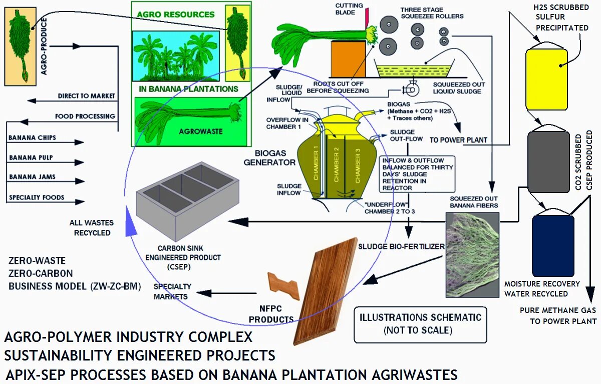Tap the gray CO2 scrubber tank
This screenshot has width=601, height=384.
pos(549,162)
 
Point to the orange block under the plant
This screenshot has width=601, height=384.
pos(349,59)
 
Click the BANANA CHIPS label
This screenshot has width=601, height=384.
pos(33,137)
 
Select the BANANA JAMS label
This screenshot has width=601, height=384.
pos(32,176)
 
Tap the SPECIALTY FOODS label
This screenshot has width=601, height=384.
pos(37,197)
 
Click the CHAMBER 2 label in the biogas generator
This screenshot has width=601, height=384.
pos(337,164)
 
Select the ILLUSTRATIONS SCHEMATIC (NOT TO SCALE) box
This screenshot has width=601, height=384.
pos(420,323)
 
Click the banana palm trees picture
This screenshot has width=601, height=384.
pos(175,56)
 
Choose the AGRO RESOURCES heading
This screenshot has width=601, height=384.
pos(176,14)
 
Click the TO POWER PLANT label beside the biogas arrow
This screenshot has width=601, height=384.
pos(458,140)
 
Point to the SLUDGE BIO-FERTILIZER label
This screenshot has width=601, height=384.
pos(401,246)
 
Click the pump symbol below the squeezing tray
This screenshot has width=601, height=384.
pos(412,90)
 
